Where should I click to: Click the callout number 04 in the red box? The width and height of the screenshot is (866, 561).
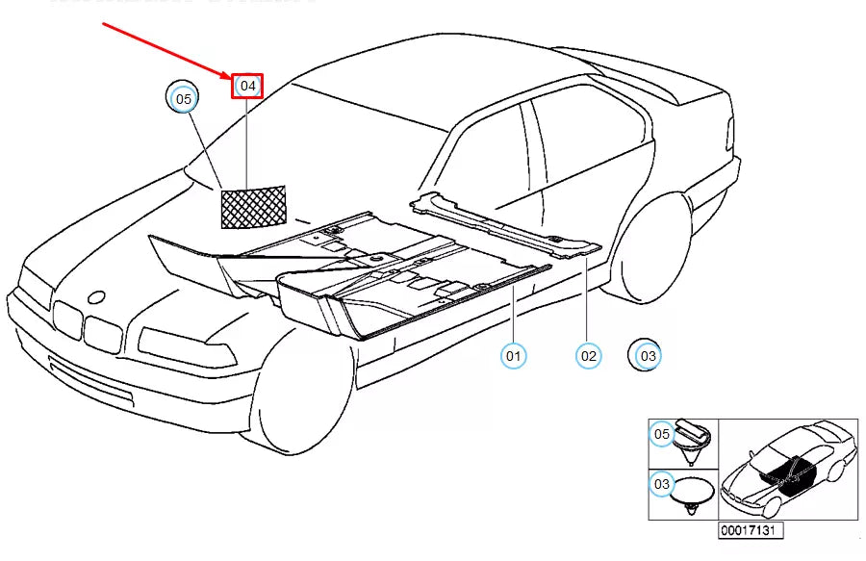[x=247, y=86]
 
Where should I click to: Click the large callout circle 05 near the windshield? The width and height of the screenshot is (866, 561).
[x=183, y=98]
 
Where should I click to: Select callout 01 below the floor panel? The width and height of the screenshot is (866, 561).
[x=514, y=356]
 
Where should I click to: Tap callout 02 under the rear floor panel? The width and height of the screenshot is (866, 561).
[x=588, y=356]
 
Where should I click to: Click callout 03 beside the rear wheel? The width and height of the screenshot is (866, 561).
[x=647, y=356]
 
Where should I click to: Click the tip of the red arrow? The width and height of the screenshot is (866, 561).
[x=231, y=77]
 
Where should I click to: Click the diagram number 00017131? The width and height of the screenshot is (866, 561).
[x=750, y=530]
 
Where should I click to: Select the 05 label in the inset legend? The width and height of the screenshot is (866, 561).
[x=662, y=435]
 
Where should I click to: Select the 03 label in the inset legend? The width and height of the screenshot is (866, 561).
[x=662, y=485]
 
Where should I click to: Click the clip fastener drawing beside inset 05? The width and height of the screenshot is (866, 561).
[x=695, y=438]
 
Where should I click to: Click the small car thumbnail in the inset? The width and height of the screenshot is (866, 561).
[x=788, y=469]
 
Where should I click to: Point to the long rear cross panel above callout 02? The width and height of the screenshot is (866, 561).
[x=505, y=226]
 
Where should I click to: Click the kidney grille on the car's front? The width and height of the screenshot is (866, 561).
[x=87, y=325]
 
